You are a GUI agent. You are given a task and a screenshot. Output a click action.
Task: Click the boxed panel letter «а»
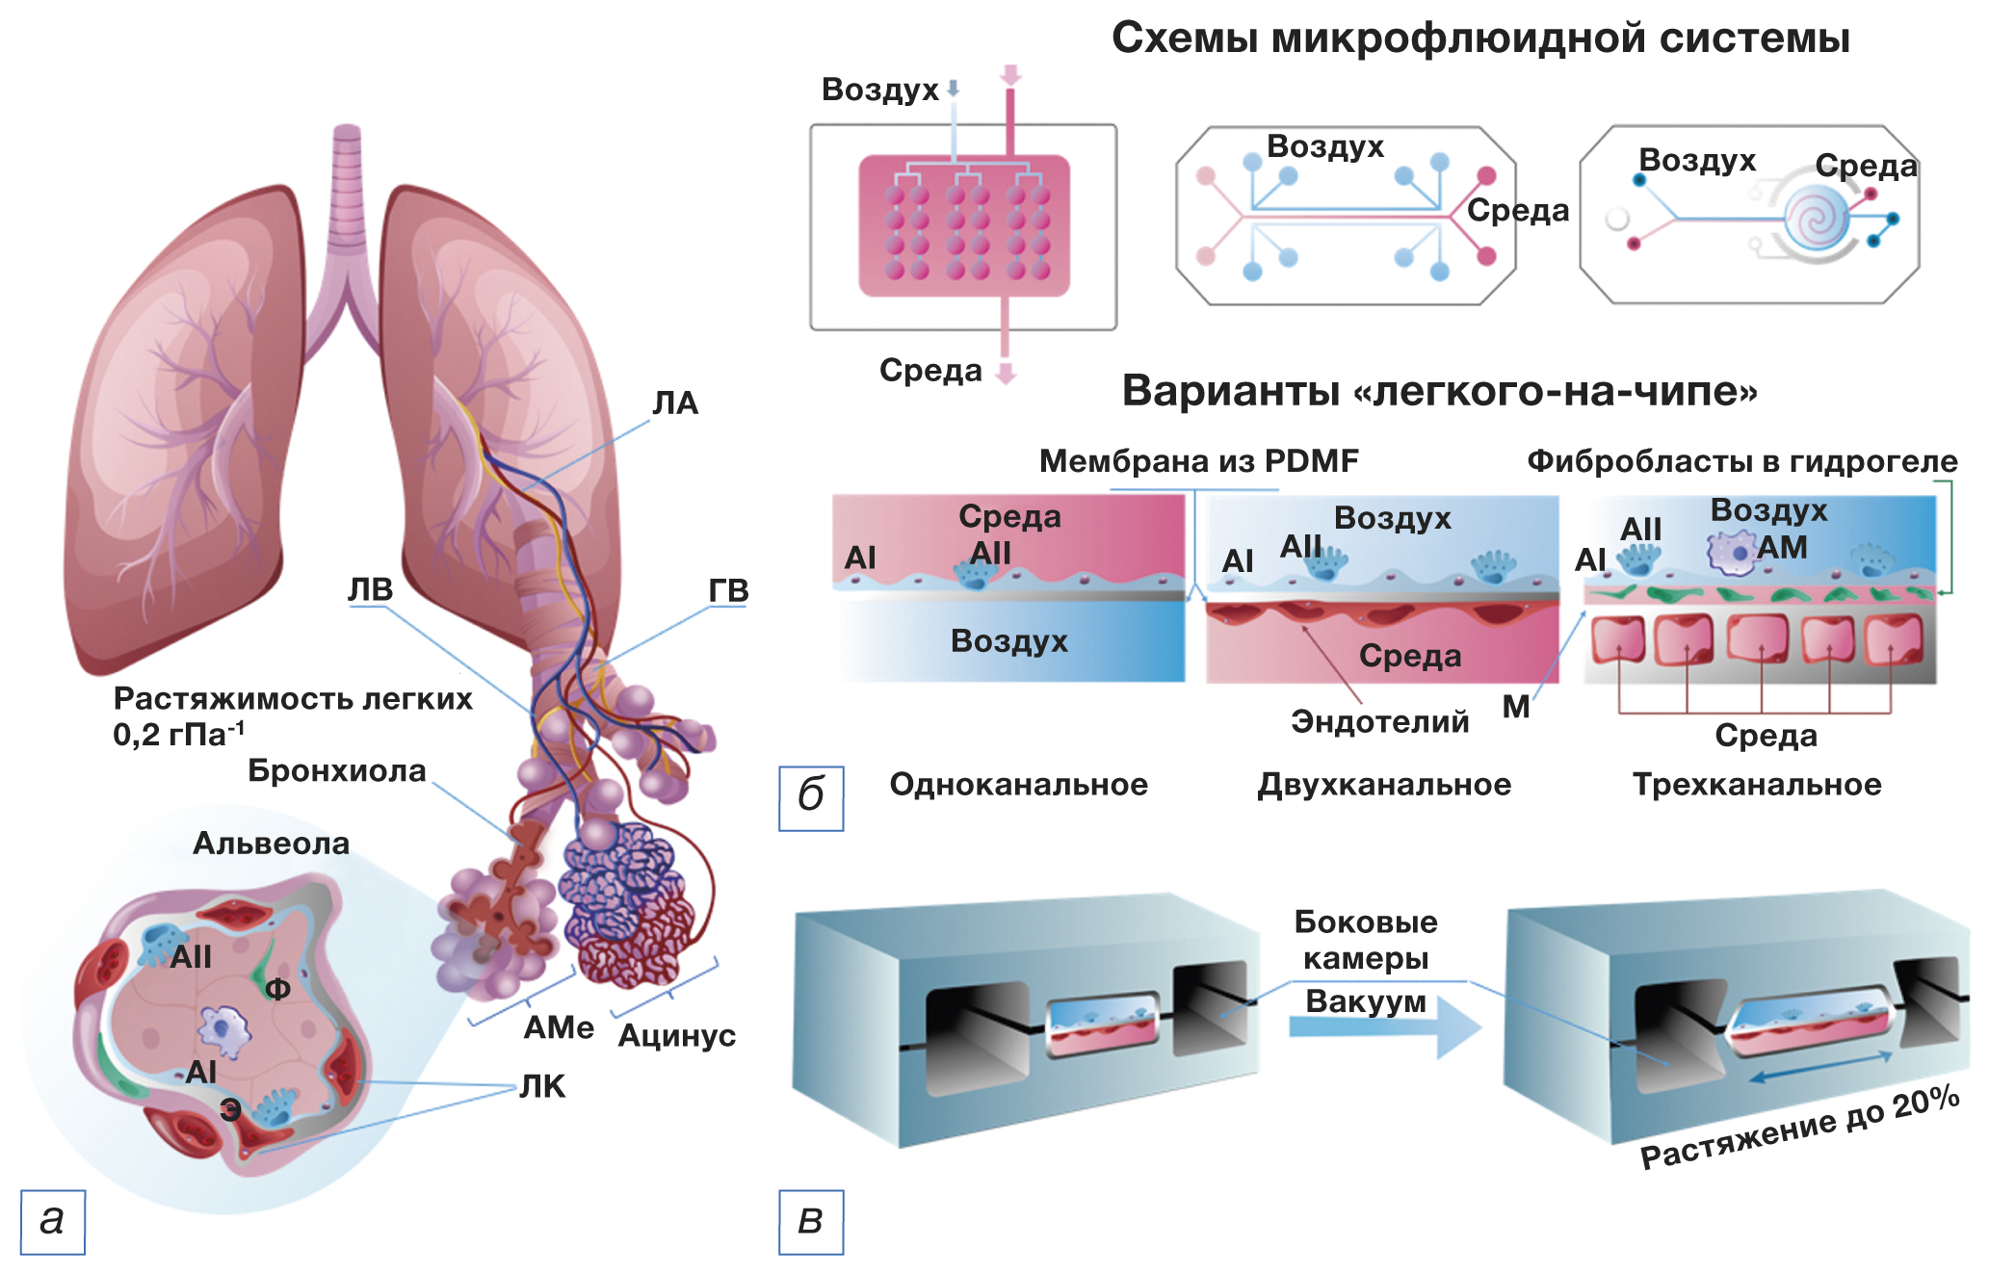[x=52, y=1221]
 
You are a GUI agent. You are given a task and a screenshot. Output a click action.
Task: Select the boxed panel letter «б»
[x=810, y=797]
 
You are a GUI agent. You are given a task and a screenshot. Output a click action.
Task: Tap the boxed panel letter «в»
[x=810, y=1221]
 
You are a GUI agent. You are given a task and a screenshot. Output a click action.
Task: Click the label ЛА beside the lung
[x=674, y=403]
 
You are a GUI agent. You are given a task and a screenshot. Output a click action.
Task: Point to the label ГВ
[x=728, y=590]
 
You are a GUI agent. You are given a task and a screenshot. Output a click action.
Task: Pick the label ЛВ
[x=370, y=589]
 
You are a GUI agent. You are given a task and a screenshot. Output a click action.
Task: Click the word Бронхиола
[x=336, y=770]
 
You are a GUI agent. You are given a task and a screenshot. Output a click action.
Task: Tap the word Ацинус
[x=676, y=1035]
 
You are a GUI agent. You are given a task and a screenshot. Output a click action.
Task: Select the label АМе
[x=559, y=1027]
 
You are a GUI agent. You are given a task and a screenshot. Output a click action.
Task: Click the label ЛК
[x=542, y=1086]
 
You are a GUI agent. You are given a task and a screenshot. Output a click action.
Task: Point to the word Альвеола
[x=271, y=844]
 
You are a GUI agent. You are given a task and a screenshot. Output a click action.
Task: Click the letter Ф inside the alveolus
[x=277, y=989]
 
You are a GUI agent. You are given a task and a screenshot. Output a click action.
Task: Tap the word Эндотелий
[x=1379, y=721]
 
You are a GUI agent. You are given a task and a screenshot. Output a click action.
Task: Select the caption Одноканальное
[x=1018, y=784]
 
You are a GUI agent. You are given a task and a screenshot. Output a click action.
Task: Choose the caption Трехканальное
[x=1756, y=784]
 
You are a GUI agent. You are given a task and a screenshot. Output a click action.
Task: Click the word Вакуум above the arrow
[x=1365, y=1001]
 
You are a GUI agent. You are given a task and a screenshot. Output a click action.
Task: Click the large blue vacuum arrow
[x=1387, y=1026]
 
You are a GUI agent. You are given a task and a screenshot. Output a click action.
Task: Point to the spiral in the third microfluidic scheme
[x=1816, y=219]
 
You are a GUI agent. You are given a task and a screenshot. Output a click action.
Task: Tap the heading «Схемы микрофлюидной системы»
[x=1480, y=39]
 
